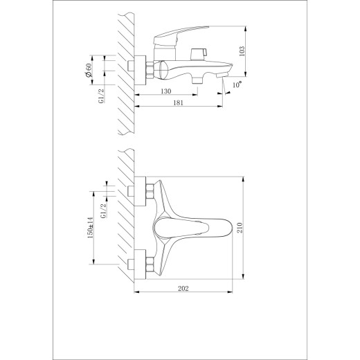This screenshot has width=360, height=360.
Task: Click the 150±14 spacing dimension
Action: (x=91, y=228)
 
